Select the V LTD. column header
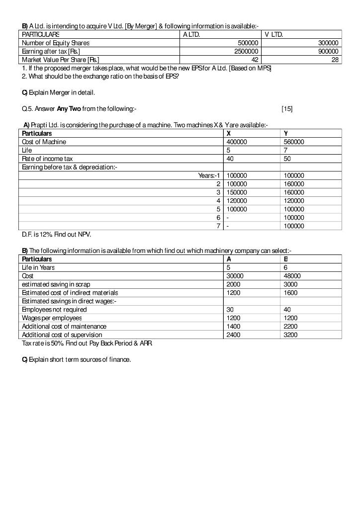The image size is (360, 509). click(274, 35)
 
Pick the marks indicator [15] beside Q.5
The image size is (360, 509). click(287, 108)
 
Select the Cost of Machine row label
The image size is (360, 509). click(44, 142)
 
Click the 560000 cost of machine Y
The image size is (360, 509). click(294, 142)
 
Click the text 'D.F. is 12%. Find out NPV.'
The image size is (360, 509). click(56, 234)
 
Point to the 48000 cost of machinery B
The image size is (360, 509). click(292, 276)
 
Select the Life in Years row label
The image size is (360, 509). click(38, 267)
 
